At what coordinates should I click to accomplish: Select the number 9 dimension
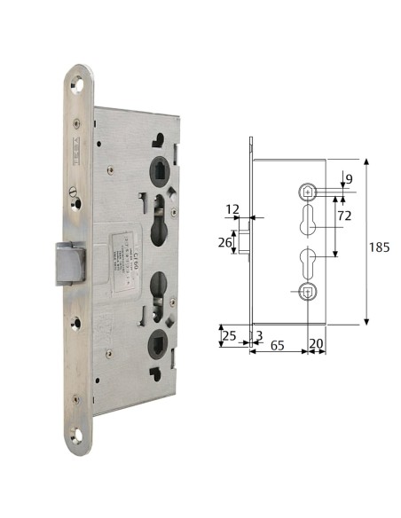click(x=349, y=180)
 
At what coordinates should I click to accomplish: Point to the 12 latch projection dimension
click(x=233, y=209)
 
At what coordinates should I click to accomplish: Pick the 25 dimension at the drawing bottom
click(x=229, y=335)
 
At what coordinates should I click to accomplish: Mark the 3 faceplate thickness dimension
click(x=258, y=335)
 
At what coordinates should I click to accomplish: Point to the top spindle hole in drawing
click(x=306, y=191)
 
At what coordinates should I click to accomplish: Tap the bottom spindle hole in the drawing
click(x=306, y=292)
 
